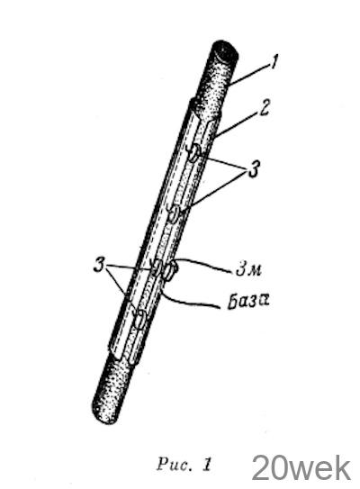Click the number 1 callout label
pos(274,62)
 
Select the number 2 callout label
pos(264,109)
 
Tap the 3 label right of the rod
pos(254,169)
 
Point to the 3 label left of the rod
pos(99,265)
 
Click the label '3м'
pos(248,269)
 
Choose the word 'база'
pos(248,302)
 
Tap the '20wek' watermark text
pos(301,468)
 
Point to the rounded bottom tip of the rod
pos(105,415)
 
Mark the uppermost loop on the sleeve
pos(193,152)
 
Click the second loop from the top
pos(175,213)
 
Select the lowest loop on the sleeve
pos(140,319)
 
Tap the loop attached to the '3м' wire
pos(170,271)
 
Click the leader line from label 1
pos(250,74)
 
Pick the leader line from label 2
pos(238,124)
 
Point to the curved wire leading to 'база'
pos(189,299)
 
